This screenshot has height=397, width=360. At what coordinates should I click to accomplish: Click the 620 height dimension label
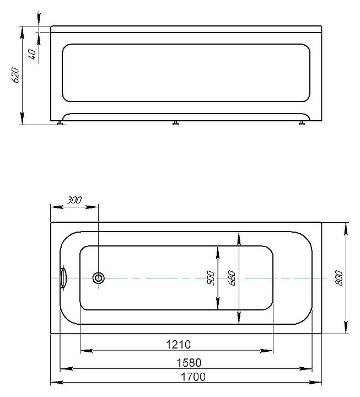click(16, 75)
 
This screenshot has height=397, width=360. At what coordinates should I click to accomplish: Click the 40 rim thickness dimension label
click(32, 54)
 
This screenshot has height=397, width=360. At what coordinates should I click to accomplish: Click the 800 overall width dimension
click(339, 278)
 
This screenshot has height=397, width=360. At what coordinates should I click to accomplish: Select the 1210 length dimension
click(178, 345)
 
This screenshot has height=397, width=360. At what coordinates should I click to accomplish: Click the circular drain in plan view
click(99, 278)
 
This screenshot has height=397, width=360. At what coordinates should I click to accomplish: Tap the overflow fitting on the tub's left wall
click(63, 278)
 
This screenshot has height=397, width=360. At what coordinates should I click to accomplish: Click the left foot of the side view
click(60, 124)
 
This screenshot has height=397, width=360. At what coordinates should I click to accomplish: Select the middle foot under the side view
click(175, 124)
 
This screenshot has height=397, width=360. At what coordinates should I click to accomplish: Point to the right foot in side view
click(302, 124)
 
